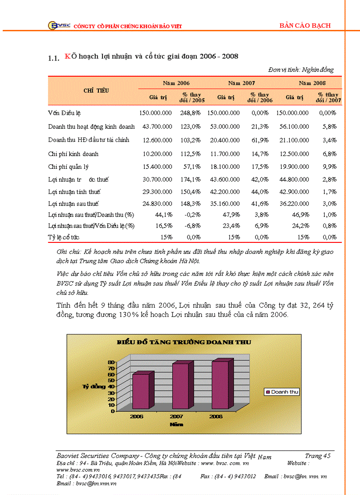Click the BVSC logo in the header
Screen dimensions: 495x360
click(x=56, y=26)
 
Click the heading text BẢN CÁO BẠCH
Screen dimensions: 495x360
click(x=305, y=26)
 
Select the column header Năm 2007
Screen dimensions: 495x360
click(x=241, y=83)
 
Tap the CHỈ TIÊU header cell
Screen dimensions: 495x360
click(x=96, y=90)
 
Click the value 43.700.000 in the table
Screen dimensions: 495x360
click(x=157, y=127)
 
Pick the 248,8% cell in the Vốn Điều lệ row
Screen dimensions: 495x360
click(x=190, y=113)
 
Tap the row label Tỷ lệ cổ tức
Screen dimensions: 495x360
click(x=64, y=237)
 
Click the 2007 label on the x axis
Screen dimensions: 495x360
click(x=177, y=416)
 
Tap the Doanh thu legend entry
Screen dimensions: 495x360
click(x=281, y=392)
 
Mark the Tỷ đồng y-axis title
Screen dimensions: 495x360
click(x=94, y=387)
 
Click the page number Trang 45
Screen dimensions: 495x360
click(x=317, y=456)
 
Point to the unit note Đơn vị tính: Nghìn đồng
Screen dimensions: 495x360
click(x=300, y=70)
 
